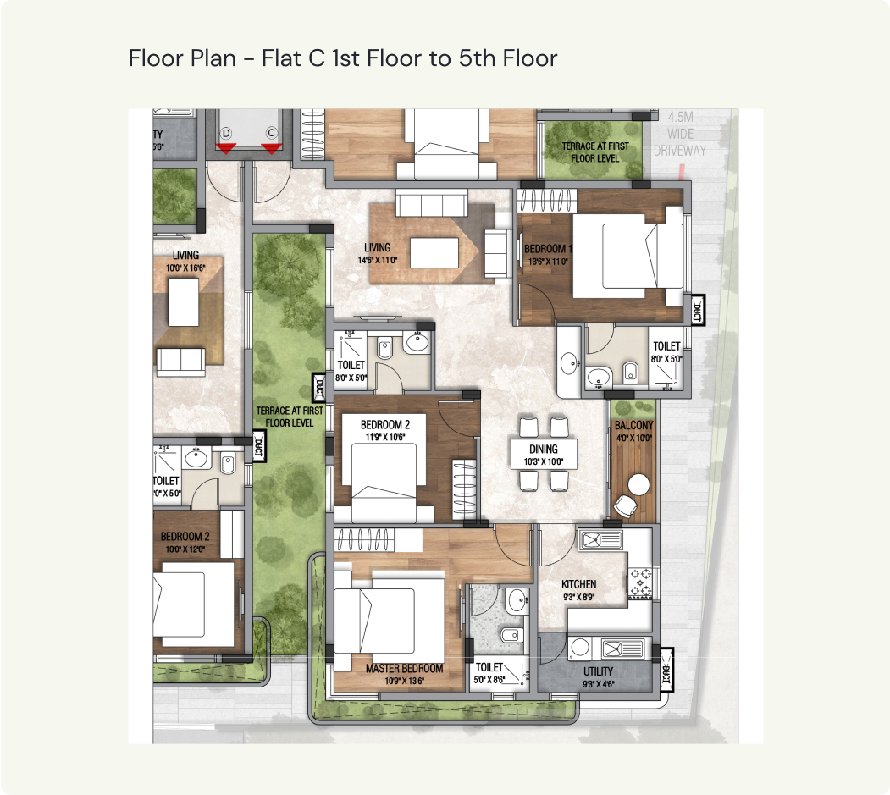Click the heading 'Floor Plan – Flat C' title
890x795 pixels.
pyautogui.click(x=343, y=58)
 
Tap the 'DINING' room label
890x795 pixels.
pyautogui.click(x=543, y=449)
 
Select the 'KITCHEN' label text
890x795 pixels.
pyautogui.click(x=579, y=584)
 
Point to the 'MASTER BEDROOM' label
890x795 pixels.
pyautogui.click(x=405, y=668)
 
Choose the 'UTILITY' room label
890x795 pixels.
pyautogui.click(x=598, y=671)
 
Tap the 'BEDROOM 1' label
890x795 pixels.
pyautogui.click(x=548, y=249)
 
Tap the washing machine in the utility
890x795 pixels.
pyautogui.click(x=581, y=648)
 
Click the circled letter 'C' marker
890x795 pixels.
pyautogui.click(x=272, y=133)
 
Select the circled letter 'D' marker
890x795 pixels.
pyautogui.click(x=226, y=133)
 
